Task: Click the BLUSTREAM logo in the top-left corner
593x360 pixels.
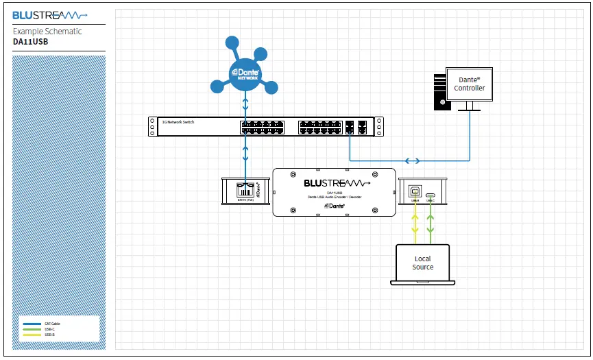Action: (x=50, y=14)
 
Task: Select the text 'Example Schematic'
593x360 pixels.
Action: (x=47, y=32)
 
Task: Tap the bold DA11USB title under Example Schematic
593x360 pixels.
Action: (x=31, y=41)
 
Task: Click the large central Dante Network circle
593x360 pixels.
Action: (x=245, y=73)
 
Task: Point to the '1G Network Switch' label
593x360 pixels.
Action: (x=178, y=121)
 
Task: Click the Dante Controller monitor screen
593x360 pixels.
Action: (x=469, y=84)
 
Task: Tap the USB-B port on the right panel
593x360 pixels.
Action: (x=415, y=192)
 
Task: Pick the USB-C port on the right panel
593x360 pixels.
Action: (x=430, y=195)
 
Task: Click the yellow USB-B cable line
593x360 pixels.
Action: (x=415, y=226)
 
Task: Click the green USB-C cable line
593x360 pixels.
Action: (x=430, y=226)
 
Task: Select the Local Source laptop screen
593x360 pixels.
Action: (x=422, y=263)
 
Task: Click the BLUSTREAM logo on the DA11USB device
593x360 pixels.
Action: (x=337, y=183)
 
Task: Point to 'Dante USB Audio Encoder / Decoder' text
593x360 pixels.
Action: (x=335, y=197)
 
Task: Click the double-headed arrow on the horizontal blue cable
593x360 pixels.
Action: (x=413, y=162)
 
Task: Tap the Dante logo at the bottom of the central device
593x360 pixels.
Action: (x=335, y=205)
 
